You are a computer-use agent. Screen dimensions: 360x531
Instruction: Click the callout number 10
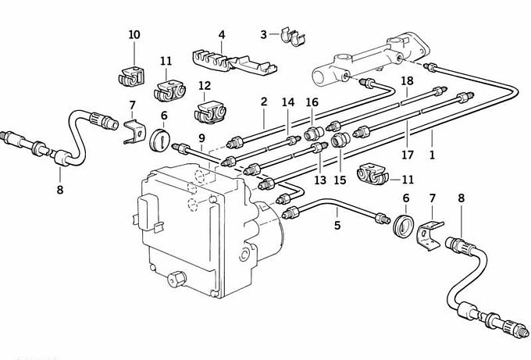point(134,34)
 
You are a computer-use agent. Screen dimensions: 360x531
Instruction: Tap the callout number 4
point(222,35)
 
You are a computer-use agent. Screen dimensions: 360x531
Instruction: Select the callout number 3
point(264,34)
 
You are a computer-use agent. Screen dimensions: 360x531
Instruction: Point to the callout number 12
point(205,86)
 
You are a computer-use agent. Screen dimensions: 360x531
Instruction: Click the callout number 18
point(407,80)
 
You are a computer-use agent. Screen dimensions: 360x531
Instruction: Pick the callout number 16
point(312,102)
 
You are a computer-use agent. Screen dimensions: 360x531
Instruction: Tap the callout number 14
point(288,102)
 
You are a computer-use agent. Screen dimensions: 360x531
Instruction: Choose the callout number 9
point(201,138)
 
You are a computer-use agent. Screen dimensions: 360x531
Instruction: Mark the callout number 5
point(337,226)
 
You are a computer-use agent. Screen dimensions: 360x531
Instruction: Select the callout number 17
point(408,155)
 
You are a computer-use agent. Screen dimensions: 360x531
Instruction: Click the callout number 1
point(432,155)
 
